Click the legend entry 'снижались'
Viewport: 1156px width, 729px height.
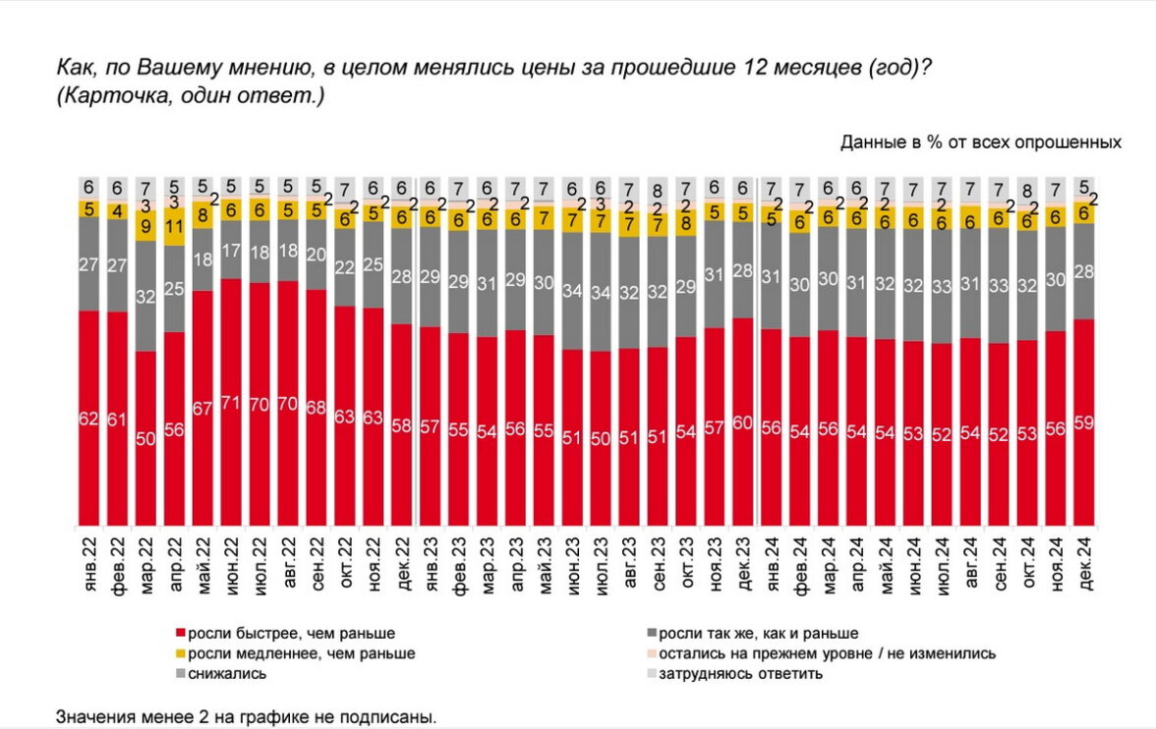click(x=225, y=673)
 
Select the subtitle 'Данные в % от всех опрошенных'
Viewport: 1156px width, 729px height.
click(x=980, y=141)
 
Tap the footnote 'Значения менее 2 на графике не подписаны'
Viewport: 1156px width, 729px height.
click(x=246, y=716)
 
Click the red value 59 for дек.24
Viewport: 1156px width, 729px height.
click(x=1085, y=423)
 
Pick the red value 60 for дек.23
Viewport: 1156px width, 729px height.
click(x=744, y=423)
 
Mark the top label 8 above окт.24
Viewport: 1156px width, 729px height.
click(x=1028, y=191)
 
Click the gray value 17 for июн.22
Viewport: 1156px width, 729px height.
click(x=232, y=251)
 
